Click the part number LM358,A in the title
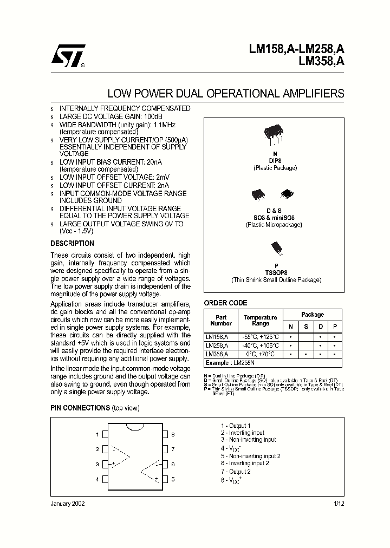click(x=321, y=61)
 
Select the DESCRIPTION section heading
click(x=72, y=244)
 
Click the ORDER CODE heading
click(x=225, y=303)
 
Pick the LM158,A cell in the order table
click(x=217, y=336)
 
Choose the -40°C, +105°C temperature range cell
click(x=261, y=345)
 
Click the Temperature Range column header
click(x=261, y=320)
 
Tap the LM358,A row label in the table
click(x=217, y=354)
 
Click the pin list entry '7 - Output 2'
click(x=236, y=472)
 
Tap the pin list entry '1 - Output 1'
click(x=236, y=426)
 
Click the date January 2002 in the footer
click(x=68, y=504)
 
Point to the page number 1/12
click(x=339, y=504)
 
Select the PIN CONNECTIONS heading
click(x=80, y=408)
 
